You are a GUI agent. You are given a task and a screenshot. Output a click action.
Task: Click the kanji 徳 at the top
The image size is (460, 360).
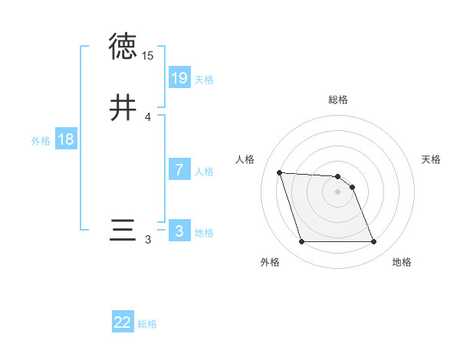point(123,47)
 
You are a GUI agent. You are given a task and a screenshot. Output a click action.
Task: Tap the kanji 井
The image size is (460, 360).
point(123,108)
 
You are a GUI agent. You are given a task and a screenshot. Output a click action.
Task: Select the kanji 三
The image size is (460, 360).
point(123,231)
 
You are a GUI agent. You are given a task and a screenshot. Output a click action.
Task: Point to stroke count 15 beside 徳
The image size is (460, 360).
point(148,56)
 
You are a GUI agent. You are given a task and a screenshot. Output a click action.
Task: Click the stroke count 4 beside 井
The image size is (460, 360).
point(148,117)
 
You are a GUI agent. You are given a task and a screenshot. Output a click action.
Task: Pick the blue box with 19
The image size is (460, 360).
point(179,77)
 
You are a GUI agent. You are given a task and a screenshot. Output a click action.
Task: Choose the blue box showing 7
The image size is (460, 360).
point(179,170)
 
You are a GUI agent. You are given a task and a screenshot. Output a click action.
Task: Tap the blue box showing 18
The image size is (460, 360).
point(66,139)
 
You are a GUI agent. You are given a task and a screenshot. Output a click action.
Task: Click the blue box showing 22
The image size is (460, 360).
point(123,322)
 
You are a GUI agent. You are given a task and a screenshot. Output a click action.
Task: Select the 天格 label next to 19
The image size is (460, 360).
point(204,80)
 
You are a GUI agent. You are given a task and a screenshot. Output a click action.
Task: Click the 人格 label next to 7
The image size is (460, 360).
point(204,172)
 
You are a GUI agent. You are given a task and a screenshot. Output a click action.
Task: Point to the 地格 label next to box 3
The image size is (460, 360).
point(204,233)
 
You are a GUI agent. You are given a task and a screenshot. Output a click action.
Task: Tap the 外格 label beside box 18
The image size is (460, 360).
point(41,141)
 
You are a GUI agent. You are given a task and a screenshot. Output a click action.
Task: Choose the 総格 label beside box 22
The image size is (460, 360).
point(147,325)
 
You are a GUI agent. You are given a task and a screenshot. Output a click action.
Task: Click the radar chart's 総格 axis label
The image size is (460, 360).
point(338,100)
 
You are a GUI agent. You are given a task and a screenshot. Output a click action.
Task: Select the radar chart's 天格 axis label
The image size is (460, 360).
point(432,159)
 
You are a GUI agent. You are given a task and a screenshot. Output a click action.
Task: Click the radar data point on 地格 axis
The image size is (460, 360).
point(374,242)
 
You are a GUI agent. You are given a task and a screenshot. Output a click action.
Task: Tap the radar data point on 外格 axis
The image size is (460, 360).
point(301,242)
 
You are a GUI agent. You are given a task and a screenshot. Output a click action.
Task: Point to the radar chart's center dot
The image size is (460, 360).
point(338,191)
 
